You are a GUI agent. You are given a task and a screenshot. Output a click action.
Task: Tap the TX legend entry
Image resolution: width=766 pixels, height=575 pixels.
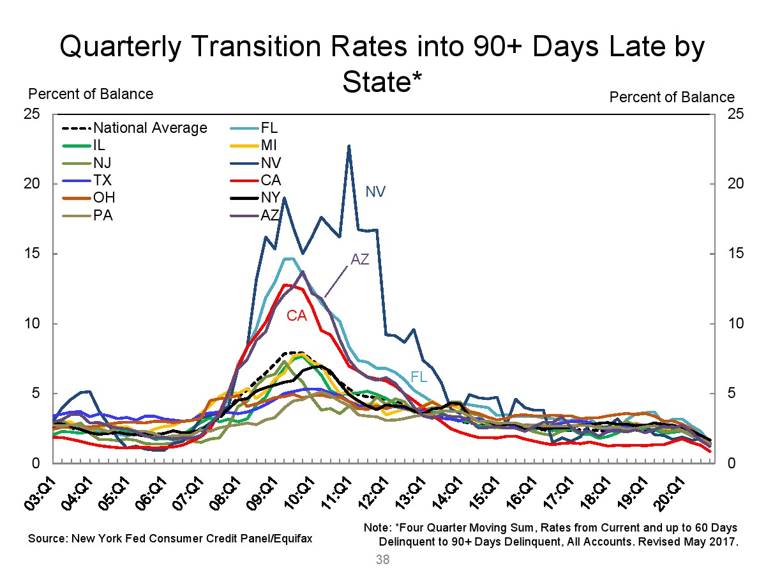[103, 180]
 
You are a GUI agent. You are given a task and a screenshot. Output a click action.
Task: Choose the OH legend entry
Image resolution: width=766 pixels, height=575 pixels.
[105, 197]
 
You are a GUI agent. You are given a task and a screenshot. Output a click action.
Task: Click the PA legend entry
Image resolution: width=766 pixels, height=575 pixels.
[103, 215]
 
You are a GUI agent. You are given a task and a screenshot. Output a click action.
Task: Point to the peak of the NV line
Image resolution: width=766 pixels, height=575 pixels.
[349, 146]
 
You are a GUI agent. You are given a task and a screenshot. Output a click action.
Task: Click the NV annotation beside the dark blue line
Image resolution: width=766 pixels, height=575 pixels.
[375, 191]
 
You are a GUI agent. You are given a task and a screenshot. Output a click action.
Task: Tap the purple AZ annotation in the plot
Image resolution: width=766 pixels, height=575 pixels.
[360, 259]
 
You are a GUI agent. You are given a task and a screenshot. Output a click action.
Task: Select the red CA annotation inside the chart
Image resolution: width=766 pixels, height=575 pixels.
[297, 315]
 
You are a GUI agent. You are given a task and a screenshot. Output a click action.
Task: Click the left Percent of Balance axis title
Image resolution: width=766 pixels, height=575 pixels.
[91, 94]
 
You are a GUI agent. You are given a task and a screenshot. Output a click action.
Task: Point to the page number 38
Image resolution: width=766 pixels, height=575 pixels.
[383, 560]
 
